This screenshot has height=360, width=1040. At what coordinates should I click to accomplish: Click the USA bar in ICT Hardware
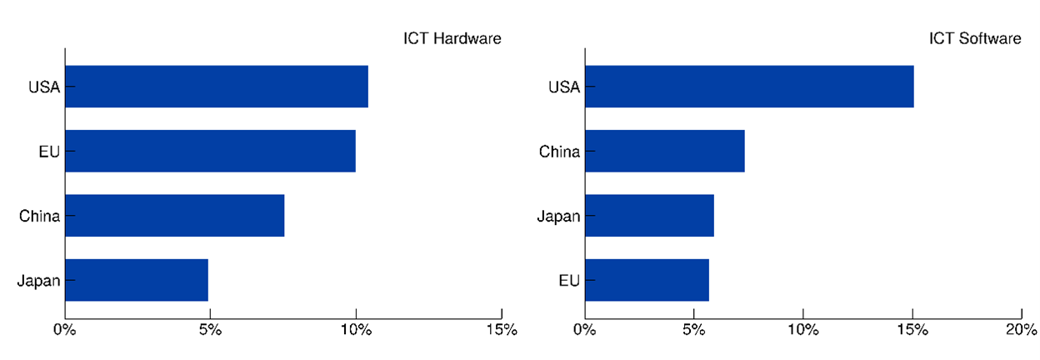216,87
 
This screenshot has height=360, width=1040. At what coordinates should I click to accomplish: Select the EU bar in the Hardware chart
210,151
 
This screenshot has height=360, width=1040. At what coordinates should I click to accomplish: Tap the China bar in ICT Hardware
174,216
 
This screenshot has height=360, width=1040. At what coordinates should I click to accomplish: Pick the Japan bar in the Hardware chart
136,280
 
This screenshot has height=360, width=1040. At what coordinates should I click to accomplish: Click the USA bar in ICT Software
749,87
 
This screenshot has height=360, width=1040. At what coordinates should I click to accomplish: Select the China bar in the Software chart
664,151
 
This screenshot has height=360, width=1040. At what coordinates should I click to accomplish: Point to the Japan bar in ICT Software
649,216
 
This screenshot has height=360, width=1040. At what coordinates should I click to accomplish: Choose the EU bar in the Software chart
647,280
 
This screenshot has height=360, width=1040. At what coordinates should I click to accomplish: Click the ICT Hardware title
452,38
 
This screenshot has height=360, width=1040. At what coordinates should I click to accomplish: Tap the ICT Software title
975,38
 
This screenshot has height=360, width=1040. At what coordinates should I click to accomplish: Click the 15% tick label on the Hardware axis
501,330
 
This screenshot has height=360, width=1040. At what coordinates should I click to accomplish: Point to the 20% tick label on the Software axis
1021,330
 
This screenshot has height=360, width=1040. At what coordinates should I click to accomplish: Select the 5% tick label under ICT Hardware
210,330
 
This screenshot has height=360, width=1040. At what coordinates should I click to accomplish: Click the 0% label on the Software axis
585,330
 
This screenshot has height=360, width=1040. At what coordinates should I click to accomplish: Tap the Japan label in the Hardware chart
38,281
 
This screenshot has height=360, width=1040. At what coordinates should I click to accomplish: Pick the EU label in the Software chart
569,281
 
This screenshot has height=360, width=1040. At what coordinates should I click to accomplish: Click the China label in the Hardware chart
40,217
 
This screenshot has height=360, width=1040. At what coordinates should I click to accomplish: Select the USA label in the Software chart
564,87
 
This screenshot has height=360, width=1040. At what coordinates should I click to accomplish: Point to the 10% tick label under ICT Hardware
356,330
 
